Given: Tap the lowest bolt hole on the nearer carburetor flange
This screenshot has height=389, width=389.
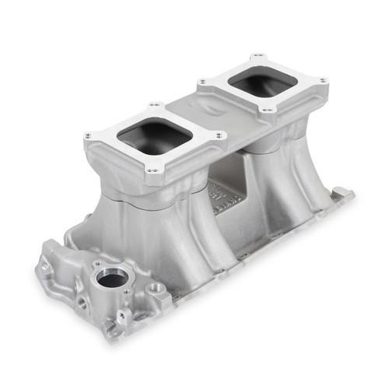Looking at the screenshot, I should pos(152,170).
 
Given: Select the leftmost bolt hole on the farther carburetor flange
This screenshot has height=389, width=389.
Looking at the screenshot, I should pos(202,82).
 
